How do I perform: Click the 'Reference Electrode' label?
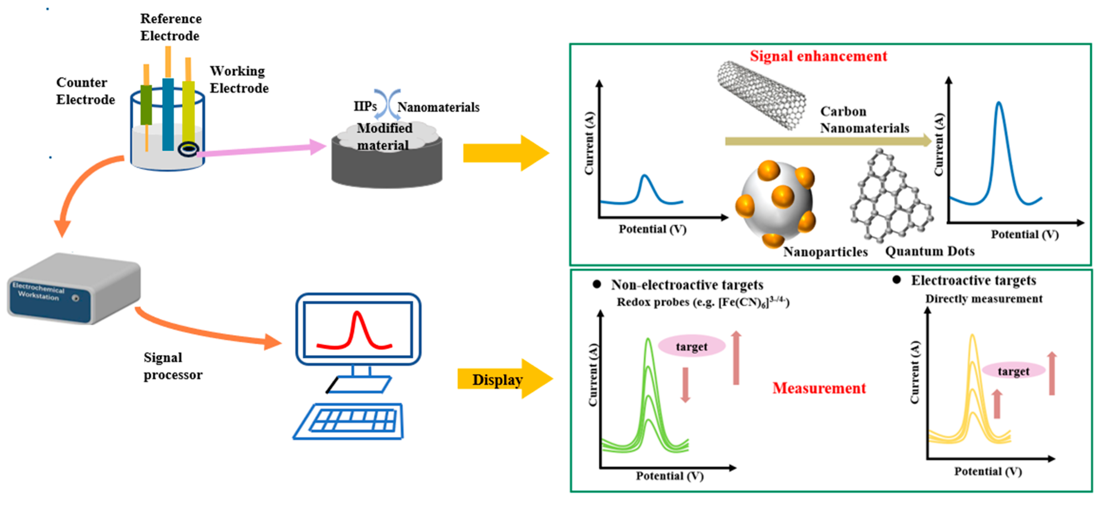tap(170, 27)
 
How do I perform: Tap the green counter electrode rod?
tap(146, 105)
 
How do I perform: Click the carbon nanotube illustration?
tap(761, 95)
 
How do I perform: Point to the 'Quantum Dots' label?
tap(930, 251)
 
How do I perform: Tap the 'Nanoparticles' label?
tap(825, 252)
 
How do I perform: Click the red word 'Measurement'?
tap(819, 388)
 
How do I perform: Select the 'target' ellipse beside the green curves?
tap(691, 346)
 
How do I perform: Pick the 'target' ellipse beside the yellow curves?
tap(1013, 371)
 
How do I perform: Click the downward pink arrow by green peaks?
tap(685, 385)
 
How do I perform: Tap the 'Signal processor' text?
tap(172, 366)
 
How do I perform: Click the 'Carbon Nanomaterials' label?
tap(864, 120)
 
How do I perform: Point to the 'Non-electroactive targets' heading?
tap(687, 285)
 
